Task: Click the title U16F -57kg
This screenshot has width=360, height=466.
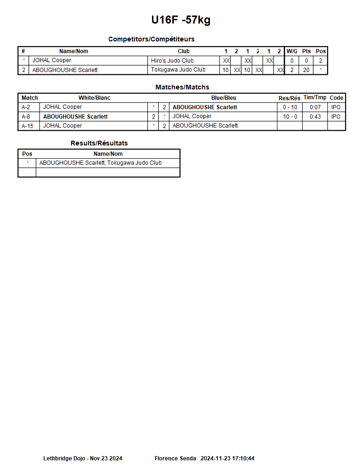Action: click(x=181, y=20)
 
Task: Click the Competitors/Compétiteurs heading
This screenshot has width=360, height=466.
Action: click(x=151, y=39)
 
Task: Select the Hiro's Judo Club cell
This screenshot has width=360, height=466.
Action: click(x=172, y=61)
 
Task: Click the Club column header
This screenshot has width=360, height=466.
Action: click(x=184, y=51)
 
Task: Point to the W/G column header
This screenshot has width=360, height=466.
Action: click(x=292, y=51)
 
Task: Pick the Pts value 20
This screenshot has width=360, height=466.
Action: click(x=306, y=70)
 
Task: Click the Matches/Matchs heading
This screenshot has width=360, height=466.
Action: click(x=182, y=87)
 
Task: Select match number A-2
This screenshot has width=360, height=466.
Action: click(x=26, y=107)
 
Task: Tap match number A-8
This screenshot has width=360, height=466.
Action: click(x=26, y=116)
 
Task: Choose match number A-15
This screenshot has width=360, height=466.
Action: click(x=27, y=126)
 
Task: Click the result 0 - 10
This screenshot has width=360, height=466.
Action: click(x=290, y=107)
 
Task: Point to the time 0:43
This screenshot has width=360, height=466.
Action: click(x=315, y=116)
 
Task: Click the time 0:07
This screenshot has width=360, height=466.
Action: click(x=315, y=107)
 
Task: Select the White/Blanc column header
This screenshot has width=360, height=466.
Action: click(x=94, y=98)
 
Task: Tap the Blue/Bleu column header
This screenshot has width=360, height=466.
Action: click(x=224, y=98)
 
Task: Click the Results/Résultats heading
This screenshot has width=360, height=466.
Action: click(x=99, y=143)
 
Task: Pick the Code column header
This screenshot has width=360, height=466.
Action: click(x=336, y=98)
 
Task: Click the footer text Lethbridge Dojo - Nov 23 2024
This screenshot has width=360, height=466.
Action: click(x=83, y=458)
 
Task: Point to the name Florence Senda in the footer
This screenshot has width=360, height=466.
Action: click(x=173, y=458)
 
